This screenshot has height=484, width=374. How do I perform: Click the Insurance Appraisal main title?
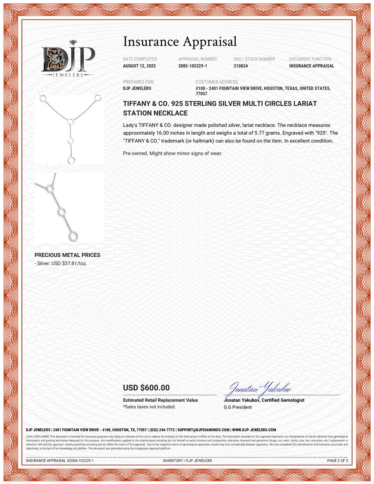click(x=180, y=42)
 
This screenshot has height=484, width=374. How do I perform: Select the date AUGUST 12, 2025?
click(x=139, y=66)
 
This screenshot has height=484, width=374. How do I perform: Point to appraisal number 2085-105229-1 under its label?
click(x=193, y=66)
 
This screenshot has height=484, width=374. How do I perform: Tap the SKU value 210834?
click(x=240, y=66)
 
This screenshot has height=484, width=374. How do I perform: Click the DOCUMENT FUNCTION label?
click(x=310, y=59)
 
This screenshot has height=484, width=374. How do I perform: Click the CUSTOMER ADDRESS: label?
click(x=217, y=82)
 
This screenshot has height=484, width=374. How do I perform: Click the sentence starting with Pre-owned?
click(x=172, y=153)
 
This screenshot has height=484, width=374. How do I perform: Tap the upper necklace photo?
click(x=70, y=130)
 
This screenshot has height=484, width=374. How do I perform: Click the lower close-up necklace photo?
click(x=70, y=208)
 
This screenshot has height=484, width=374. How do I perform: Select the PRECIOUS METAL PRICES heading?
click(x=67, y=255)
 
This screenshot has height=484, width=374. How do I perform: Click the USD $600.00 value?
click(x=146, y=388)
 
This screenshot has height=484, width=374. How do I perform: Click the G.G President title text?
click(x=237, y=407)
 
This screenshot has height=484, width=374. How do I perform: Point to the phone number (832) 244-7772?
click(x=162, y=430)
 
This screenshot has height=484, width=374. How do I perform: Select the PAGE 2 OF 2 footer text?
click(x=337, y=460)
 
